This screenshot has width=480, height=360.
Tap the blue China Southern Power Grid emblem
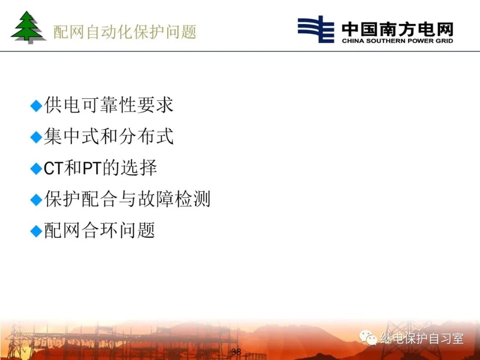316,29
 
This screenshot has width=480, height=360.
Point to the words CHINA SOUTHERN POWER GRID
397,41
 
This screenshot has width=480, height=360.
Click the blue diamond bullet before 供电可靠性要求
36,106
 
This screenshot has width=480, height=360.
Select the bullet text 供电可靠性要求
109,105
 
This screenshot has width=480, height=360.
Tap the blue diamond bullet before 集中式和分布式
36,137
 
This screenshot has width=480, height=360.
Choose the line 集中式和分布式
109,136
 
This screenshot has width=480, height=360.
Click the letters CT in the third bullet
54,168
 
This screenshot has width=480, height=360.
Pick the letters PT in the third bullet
92,168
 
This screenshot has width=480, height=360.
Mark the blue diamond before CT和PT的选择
36,169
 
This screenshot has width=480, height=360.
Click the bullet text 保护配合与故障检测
127,199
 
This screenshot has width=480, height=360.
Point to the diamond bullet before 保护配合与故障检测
36,200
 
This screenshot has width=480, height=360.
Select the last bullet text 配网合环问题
100,231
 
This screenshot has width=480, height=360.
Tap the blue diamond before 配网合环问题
36,232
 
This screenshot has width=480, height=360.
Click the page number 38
236,352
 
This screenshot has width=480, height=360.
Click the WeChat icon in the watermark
368,339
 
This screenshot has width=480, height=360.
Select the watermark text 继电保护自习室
422,339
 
